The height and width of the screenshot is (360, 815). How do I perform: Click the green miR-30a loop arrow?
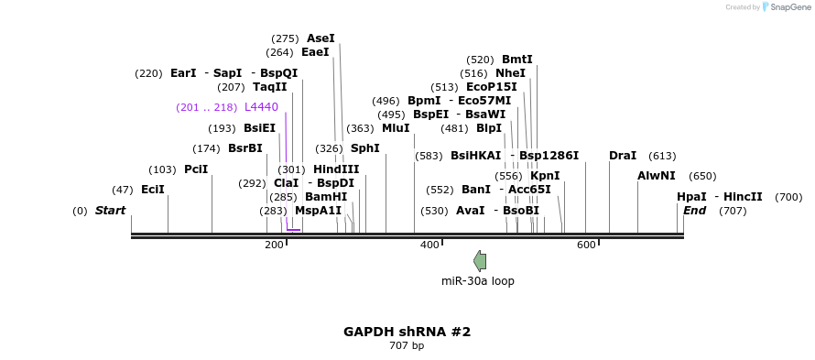[480, 261]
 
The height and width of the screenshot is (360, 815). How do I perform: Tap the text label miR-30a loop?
[477, 281]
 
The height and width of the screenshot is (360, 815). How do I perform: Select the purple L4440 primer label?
[261, 107]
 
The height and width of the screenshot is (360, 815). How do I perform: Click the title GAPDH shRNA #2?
[407, 332]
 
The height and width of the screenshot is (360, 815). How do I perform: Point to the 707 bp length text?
[407, 346]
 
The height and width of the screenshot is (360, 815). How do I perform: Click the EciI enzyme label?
[153, 190]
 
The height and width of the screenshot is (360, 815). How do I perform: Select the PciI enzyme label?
[196, 169]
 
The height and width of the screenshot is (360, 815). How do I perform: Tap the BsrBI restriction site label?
[244, 148]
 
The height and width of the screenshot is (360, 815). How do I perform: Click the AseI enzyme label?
[321, 38]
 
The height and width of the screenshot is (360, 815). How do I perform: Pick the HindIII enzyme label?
[336, 169]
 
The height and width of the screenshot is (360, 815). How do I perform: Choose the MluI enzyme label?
[396, 128]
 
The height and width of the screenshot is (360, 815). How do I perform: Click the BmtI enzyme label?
[517, 60]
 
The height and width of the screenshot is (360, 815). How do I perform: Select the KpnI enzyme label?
[545, 176]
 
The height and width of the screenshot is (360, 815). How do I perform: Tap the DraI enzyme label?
[623, 156]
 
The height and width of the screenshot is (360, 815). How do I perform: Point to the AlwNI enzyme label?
[657, 176]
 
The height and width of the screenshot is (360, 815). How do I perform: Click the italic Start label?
[110, 211]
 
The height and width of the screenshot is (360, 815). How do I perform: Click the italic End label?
[695, 211]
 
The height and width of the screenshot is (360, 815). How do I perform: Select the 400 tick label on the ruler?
[429, 245]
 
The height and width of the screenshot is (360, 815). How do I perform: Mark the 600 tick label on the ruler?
[586, 245]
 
